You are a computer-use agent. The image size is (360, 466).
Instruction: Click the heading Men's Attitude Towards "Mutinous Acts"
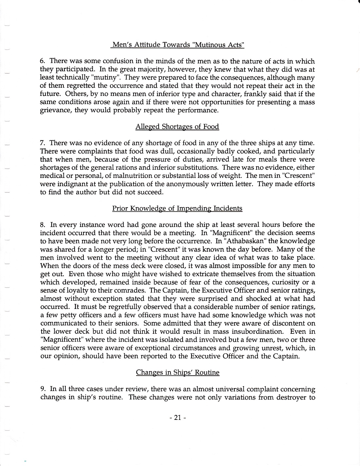[x=178, y=45]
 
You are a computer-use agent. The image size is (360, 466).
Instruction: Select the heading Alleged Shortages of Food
[x=177, y=127]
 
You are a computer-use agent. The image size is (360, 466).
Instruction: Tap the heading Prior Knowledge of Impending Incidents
[x=177, y=208]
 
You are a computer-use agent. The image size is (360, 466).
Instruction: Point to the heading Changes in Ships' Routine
[x=177, y=372]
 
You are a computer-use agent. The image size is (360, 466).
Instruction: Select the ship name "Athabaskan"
[x=247, y=241]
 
